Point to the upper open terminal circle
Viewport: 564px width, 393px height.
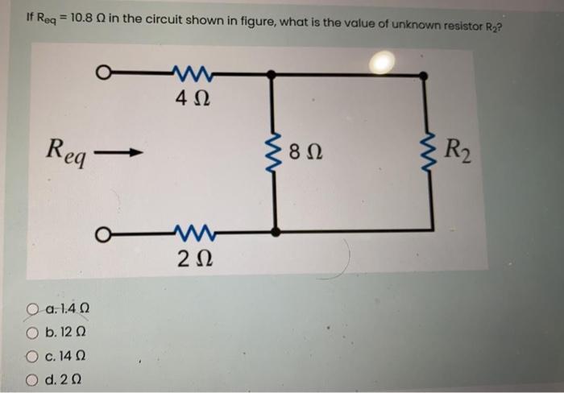102,75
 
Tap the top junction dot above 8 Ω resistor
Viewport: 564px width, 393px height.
275,75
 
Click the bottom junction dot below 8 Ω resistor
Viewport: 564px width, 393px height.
275,232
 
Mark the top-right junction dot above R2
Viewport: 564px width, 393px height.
425,75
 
